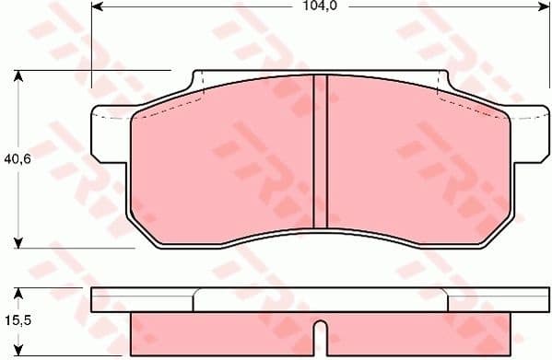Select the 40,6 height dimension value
point(13,157)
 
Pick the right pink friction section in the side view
point(415,333)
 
